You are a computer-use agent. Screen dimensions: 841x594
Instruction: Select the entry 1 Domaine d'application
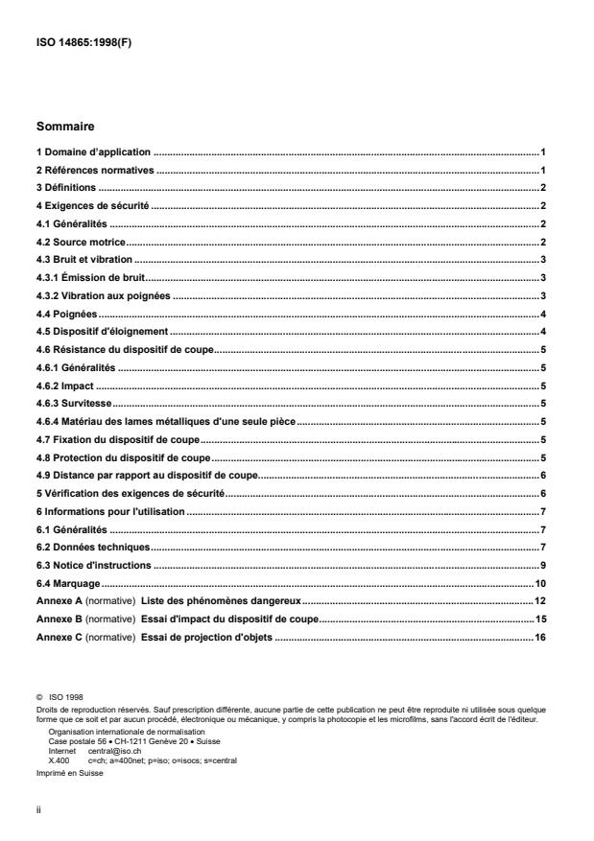click(x=94, y=152)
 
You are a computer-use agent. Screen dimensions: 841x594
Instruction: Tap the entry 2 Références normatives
click(x=95, y=170)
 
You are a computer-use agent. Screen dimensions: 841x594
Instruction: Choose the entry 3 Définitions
click(x=67, y=187)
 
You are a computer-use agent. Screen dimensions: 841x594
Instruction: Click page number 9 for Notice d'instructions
click(x=543, y=565)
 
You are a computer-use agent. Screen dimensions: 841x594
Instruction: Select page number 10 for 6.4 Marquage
click(x=540, y=583)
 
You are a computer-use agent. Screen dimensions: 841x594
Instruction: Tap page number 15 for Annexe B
click(x=540, y=619)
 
